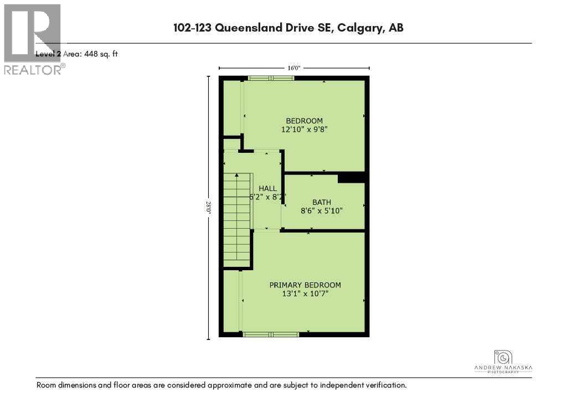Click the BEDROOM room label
[x=304, y=121]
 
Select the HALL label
[x=267, y=188]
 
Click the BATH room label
[x=321, y=202]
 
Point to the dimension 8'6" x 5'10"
[x=321, y=211]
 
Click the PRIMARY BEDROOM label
[x=305, y=285]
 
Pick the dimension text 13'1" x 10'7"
[x=305, y=294]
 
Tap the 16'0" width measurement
[x=293, y=68]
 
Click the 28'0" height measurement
[x=209, y=207]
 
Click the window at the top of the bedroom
[x=271, y=78]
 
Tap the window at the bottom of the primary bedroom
[x=271, y=334]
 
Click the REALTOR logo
[x=33, y=39]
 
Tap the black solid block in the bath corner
[x=351, y=178]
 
